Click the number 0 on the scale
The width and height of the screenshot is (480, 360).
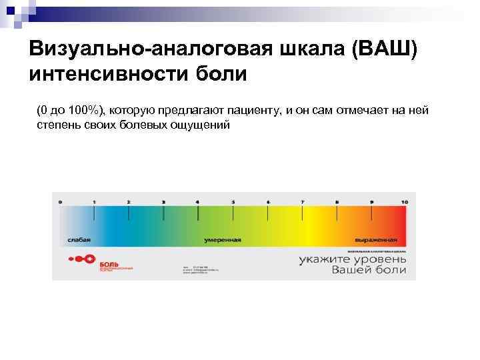[x=61, y=201]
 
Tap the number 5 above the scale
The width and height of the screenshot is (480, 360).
[x=233, y=201]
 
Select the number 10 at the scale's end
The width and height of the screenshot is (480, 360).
[x=405, y=201]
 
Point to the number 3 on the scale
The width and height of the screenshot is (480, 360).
[x=163, y=201]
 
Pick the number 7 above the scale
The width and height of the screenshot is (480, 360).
[x=302, y=201]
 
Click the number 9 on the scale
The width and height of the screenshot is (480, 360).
[x=372, y=201]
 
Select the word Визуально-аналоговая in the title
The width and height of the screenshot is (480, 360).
[x=141, y=49]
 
